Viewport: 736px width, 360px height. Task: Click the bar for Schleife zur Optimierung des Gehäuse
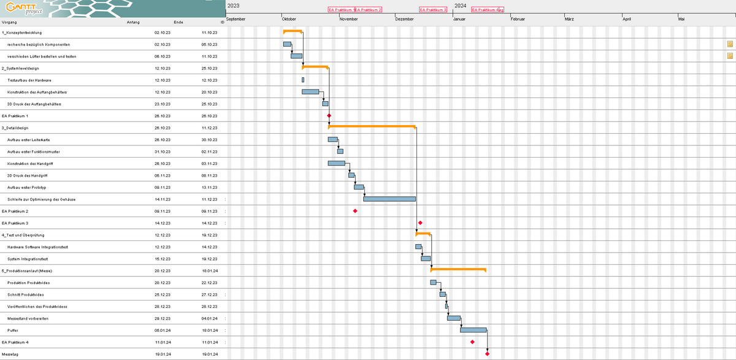click(389, 199)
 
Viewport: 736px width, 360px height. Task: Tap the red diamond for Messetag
click(487, 353)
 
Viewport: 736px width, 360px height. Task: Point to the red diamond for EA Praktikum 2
click(355, 211)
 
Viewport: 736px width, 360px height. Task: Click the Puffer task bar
click(473, 330)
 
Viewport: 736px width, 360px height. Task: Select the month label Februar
click(518, 19)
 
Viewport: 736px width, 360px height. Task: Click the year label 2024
click(460, 6)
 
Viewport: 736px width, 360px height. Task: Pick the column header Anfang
click(133, 22)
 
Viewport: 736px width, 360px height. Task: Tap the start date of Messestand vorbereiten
click(162, 318)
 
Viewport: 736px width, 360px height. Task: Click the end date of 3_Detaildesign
click(209, 128)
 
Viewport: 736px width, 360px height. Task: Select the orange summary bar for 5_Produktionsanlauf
click(458, 269)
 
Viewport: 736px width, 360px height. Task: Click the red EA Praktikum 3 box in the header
click(433, 10)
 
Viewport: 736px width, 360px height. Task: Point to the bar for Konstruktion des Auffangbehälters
click(310, 92)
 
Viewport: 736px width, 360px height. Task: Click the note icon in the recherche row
click(730, 44)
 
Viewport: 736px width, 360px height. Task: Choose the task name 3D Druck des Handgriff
click(28, 175)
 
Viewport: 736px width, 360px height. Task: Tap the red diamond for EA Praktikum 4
click(472, 342)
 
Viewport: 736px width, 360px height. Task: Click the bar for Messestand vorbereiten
click(454, 318)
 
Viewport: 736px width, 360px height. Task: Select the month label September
click(236, 19)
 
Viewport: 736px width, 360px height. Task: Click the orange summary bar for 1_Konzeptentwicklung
click(293, 31)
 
